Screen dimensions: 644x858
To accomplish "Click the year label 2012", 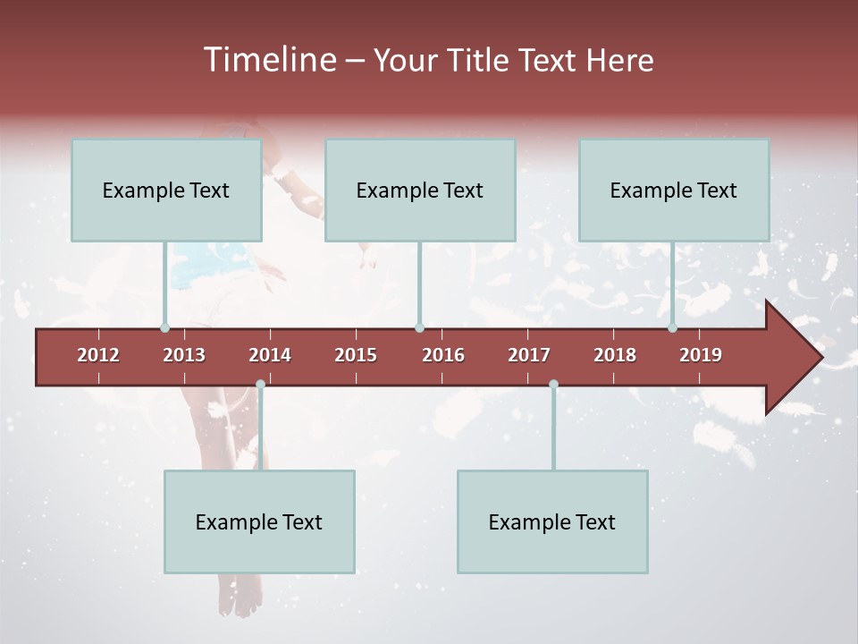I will [98, 355].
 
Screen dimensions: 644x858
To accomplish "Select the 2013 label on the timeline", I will [184, 355].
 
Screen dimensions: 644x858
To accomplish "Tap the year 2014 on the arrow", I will [270, 355].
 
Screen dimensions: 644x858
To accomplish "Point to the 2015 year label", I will [356, 355].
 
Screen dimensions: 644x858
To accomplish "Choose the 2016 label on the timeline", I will [443, 355].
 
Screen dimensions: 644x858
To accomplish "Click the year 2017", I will [529, 355].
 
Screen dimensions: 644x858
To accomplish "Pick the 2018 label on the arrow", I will [615, 355].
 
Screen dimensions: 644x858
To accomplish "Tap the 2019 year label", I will [701, 355].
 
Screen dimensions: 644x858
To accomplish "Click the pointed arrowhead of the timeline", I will [795, 358].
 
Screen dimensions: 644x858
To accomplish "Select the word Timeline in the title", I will [268, 60].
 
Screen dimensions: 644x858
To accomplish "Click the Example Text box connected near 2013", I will [166, 190].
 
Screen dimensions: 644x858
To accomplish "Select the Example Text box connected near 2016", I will [420, 190].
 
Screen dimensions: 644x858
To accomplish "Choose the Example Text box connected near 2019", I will [674, 190].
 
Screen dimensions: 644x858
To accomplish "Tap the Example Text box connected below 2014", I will [259, 521].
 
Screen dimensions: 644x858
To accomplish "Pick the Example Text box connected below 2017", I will [552, 521].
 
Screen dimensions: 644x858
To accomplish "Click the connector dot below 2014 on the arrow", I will [260, 385].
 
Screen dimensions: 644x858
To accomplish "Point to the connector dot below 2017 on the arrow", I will [553, 385].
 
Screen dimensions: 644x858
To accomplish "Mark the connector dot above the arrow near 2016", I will [419, 328].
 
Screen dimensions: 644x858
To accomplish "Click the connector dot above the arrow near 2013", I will [164, 328].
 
